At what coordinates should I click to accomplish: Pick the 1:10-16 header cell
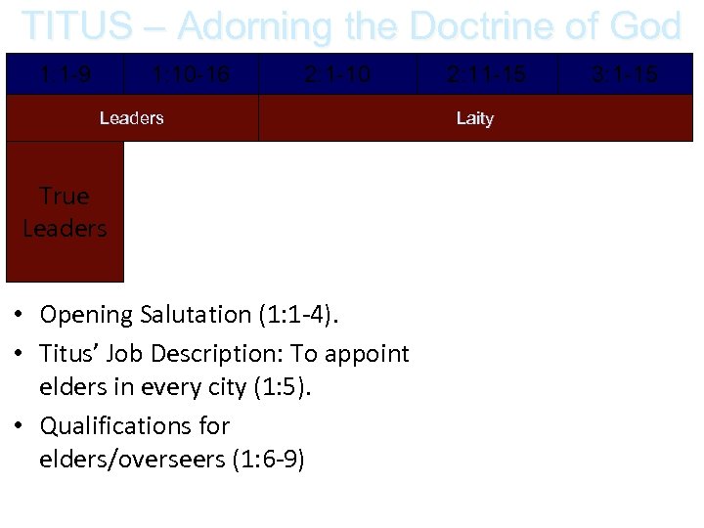[x=192, y=73]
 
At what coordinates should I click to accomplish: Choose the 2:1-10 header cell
[x=337, y=73]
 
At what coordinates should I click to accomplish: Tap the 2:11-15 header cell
[x=486, y=73]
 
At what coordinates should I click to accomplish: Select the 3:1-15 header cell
[x=625, y=73]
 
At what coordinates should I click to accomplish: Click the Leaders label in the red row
[x=131, y=118]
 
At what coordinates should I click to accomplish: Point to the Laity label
[x=475, y=118]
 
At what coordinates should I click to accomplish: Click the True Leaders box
[x=65, y=212]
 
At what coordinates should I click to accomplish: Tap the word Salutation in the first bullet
[x=197, y=315]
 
